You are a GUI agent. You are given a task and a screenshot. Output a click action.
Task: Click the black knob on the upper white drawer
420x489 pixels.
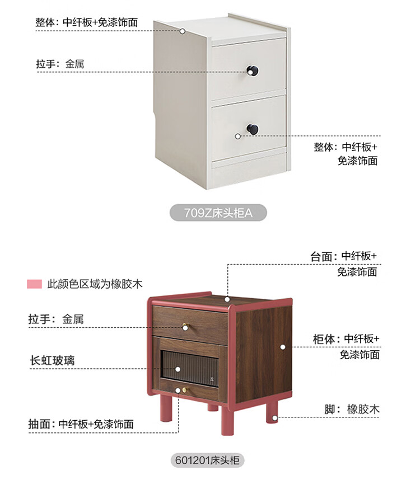(x=253, y=70)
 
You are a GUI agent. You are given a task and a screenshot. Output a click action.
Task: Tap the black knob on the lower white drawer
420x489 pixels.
(x=253, y=129)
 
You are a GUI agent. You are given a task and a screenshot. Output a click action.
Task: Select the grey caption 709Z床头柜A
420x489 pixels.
(x=218, y=213)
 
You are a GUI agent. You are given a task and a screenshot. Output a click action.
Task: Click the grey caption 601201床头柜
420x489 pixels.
(x=207, y=460)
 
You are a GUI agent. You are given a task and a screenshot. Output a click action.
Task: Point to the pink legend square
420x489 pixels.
(x=34, y=284)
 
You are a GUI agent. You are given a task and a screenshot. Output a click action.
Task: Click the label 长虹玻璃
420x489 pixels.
(x=52, y=360)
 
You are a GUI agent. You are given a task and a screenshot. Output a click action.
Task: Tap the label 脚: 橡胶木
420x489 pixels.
(x=352, y=409)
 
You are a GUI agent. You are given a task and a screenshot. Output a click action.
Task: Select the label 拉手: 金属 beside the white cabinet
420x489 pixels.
(x=60, y=64)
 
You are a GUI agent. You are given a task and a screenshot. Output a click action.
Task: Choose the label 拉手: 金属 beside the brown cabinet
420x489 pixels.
(x=56, y=319)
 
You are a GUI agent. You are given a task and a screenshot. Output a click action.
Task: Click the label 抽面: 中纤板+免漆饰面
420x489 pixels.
(x=81, y=424)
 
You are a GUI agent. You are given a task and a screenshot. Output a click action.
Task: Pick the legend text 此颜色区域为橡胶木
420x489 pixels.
(x=95, y=284)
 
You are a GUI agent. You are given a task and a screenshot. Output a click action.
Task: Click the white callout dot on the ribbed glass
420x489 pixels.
(x=178, y=369)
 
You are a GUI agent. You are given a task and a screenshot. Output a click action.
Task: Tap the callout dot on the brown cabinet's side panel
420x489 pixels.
(x=283, y=347)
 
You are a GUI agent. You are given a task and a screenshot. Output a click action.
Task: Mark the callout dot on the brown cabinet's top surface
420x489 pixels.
(x=227, y=299)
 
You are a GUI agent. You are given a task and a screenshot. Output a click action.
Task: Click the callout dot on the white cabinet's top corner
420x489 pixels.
(x=183, y=31)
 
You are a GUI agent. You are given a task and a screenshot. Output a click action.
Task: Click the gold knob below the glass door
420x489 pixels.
(x=185, y=390)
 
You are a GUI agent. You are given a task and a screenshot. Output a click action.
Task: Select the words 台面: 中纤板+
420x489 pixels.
(x=343, y=256)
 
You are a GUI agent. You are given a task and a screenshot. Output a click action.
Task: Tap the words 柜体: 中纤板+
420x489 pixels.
(x=346, y=338)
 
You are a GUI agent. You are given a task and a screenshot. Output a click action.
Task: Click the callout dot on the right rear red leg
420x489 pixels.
(x=274, y=418)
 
